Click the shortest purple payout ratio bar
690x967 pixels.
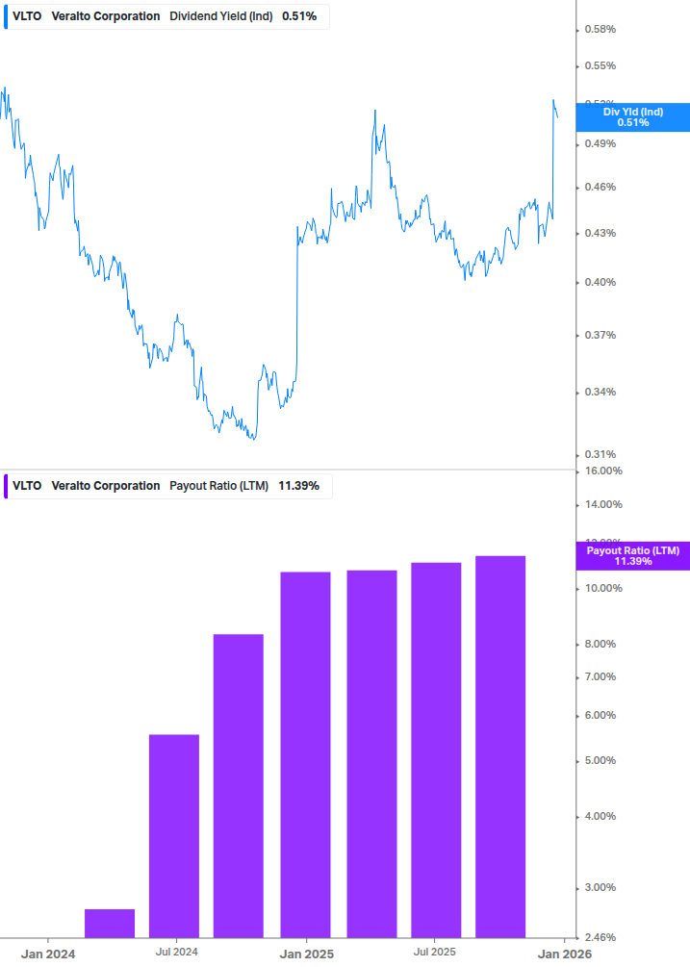[110, 923]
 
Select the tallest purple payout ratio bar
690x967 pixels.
[500, 746]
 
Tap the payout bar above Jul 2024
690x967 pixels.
[174, 835]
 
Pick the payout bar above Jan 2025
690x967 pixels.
[305, 754]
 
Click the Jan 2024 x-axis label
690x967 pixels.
[48, 953]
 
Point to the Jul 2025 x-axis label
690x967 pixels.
[435, 952]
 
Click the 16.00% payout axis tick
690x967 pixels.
[604, 471]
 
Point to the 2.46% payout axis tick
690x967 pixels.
[601, 937]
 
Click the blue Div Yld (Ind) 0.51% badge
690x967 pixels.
[632, 117]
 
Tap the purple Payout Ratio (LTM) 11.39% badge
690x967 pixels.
[632, 555]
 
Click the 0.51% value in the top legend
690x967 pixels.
[299, 16]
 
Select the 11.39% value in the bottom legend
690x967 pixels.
[298, 486]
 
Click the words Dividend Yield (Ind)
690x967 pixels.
[220, 16]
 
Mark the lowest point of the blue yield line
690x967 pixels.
[252, 439]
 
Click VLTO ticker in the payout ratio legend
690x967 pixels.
[27, 486]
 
